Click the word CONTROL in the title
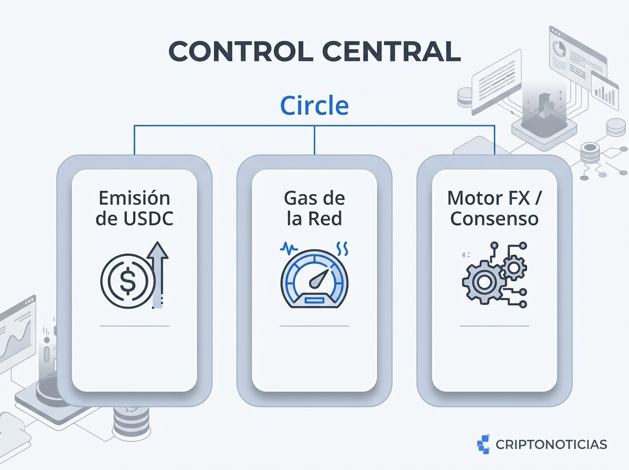241,51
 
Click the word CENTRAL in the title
392,51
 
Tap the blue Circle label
314,105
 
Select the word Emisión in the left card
134,198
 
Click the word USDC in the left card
148,219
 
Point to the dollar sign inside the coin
127,281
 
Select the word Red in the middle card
328,219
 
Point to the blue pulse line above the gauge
289,249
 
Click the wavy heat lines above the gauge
342,248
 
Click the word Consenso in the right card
494,219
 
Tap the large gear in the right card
484,282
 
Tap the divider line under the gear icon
494,326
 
